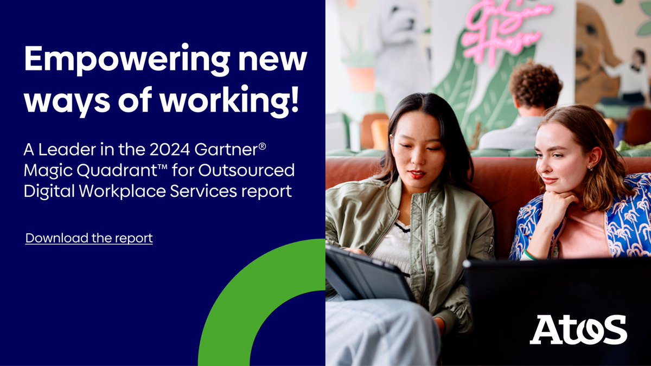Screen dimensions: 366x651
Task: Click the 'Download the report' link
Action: click(x=89, y=238)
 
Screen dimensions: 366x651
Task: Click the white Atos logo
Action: click(x=578, y=329)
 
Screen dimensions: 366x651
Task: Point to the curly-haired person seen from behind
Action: click(x=534, y=89)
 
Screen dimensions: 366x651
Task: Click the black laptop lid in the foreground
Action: click(x=553, y=293)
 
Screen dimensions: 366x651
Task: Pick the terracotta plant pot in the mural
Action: click(x=361, y=78)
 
